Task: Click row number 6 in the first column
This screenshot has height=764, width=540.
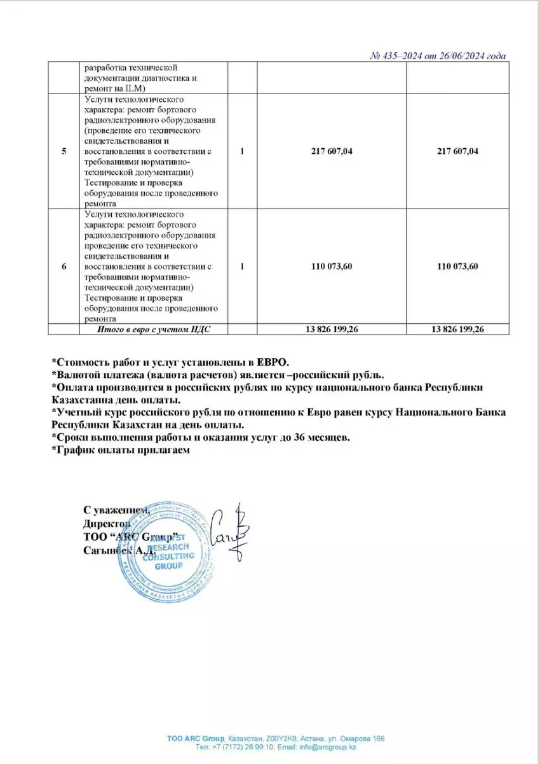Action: [64, 266]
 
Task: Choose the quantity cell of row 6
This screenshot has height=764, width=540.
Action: [242, 266]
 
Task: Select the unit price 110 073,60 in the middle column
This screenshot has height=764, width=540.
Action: [331, 266]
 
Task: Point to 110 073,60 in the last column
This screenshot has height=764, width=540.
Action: [457, 266]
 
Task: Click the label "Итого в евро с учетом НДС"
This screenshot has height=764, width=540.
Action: [153, 329]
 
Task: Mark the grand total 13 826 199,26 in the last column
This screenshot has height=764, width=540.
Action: [457, 329]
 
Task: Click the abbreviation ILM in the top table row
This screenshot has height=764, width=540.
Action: [135, 88]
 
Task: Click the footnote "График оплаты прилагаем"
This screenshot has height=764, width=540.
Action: [121, 450]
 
